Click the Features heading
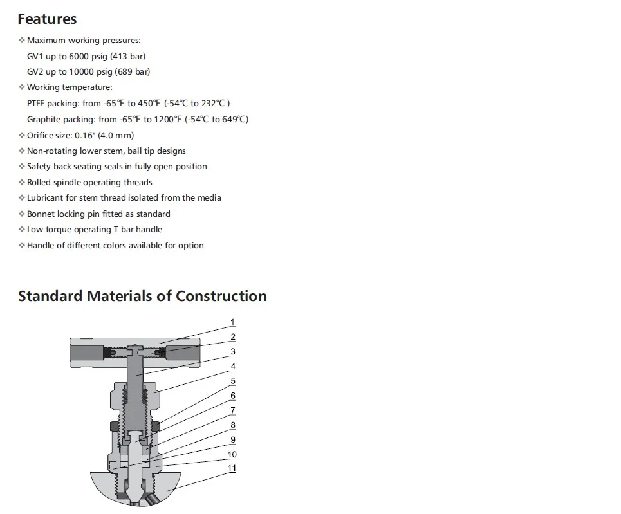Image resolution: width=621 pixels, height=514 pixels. click(x=47, y=19)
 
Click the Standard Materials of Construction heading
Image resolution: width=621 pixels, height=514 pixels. click(x=142, y=296)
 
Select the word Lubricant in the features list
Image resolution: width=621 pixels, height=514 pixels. click(x=45, y=197)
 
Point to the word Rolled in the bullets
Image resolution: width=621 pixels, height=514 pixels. click(x=39, y=182)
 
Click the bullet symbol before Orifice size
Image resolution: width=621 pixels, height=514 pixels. click(x=22, y=135)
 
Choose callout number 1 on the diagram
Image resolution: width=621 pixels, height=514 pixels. click(x=232, y=322)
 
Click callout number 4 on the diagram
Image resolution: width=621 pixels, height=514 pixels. click(x=232, y=367)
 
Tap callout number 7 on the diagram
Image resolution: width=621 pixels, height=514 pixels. click(x=232, y=410)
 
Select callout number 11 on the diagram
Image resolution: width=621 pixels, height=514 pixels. click(x=232, y=468)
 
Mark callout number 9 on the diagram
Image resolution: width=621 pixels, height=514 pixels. click(x=232, y=440)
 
